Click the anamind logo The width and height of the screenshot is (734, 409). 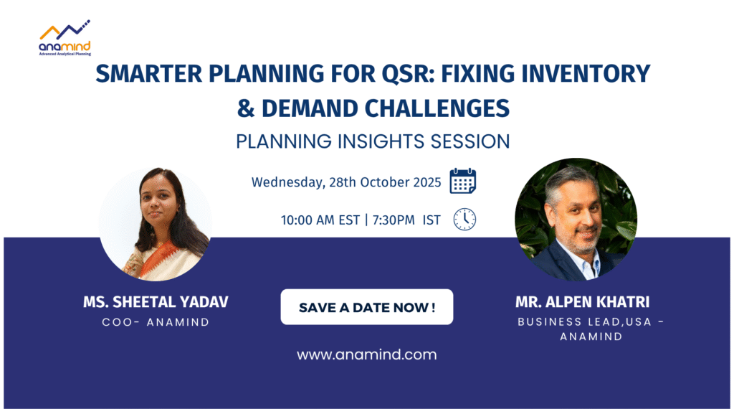[65, 38]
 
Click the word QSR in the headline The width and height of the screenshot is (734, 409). [409, 74]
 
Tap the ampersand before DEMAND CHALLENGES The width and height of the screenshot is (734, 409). [245, 108]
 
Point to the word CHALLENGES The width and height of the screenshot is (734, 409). [437, 108]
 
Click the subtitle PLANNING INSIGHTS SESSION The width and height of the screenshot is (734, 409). [373, 141]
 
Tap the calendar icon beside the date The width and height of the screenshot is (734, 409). [462, 181]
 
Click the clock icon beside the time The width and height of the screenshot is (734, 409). [464, 220]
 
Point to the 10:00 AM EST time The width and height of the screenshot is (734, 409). [320, 220]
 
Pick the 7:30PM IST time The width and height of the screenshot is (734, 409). [406, 220]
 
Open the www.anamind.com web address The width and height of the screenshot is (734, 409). [366, 354]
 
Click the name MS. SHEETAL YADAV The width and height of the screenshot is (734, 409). [156, 302]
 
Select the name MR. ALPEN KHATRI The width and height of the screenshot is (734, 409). [582, 302]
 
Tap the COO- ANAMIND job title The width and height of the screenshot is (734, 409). [156, 322]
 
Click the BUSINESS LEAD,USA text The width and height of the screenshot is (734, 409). [585, 322]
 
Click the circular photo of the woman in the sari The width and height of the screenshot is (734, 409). [155, 224]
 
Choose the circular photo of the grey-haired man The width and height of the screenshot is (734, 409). [576, 220]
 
